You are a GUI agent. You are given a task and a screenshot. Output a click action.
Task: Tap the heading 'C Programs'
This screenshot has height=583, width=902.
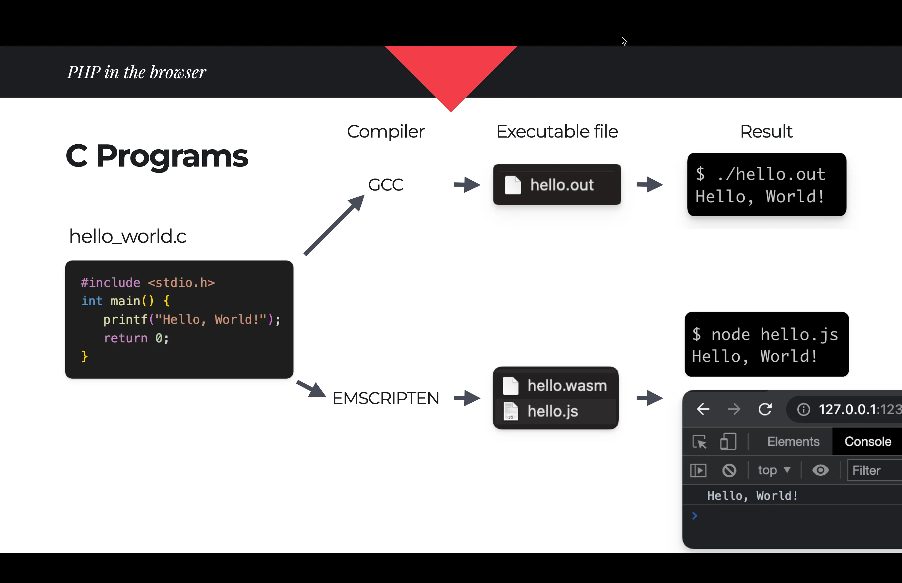[x=157, y=156]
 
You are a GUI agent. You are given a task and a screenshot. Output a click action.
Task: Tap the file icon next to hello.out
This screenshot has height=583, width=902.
[x=513, y=185]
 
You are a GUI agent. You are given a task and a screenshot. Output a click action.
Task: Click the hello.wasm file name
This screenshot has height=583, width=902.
[x=567, y=385]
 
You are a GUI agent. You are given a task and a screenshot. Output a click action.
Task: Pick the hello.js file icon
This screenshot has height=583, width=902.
[x=510, y=411]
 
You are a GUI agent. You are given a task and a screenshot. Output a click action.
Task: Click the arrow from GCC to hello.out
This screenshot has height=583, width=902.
[x=467, y=185]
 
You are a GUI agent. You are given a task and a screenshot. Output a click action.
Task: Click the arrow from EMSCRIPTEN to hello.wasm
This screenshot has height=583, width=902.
[x=467, y=398]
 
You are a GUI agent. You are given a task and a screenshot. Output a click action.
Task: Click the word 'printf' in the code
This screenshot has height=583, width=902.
[x=125, y=319]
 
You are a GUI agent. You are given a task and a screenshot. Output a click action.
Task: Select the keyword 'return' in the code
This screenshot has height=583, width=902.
[x=125, y=338]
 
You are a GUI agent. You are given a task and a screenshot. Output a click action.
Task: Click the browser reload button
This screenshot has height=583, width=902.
[x=765, y=409]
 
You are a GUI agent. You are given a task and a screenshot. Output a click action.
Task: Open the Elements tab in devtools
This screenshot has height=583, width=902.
[x=793, y=441]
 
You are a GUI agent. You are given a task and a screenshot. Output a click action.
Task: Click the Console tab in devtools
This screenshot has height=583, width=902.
[x=868, y=441]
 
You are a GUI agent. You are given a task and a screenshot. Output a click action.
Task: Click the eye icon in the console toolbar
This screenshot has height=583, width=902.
[x=820, y=470]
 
